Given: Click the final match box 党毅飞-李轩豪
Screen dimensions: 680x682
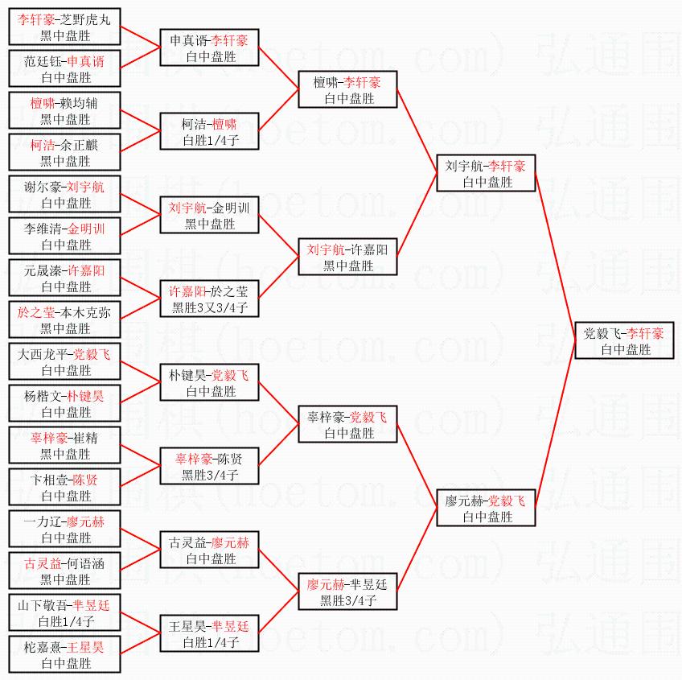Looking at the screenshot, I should [x=624, y=341].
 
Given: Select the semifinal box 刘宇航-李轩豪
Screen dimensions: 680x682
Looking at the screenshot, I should [x=486, y=174].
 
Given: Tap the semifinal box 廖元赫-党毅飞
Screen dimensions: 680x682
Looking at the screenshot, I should [x=486, y=509].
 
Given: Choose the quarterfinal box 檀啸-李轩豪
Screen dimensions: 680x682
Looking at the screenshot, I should [x=348, y=90].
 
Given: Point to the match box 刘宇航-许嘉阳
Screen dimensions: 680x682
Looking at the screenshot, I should [x=348, y=258].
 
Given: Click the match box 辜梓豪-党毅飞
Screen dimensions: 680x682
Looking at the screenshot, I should [x=348, y=425].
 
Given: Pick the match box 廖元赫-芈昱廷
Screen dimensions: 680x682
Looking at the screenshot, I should [x=348, y=592].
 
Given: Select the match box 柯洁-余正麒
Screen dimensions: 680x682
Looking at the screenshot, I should [x=65, y=153].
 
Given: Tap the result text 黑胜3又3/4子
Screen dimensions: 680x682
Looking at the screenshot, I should [x=209, y=307].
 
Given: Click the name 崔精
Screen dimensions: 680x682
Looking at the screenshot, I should [x=84, y=439].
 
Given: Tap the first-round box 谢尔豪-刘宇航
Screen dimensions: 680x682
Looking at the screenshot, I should [x=65, y=195].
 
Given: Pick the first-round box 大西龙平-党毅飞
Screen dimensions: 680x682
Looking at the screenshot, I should [x=65, y=362].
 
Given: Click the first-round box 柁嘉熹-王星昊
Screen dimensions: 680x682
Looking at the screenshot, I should [x=65, y=655].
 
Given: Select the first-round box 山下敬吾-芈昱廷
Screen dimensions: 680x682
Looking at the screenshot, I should [x=65, y=613].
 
